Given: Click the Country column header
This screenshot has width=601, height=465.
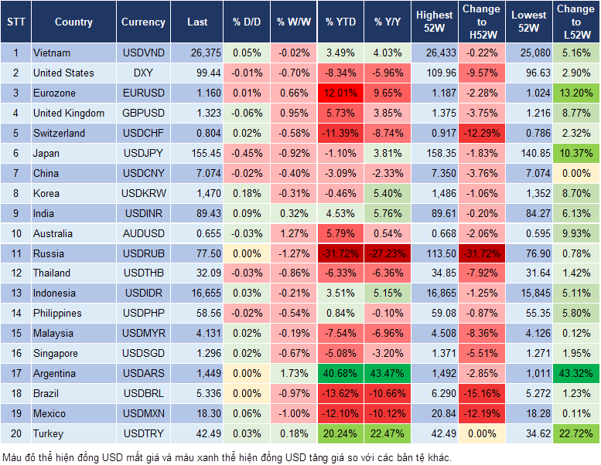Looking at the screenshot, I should [73, 22].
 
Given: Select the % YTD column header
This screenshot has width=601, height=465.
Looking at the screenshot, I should [341, 22].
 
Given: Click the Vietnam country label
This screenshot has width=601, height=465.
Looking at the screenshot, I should [53, 53].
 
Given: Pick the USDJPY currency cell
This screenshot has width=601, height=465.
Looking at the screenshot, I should [143, 153].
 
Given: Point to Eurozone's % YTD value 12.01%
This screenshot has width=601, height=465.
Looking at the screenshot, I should [341, 93].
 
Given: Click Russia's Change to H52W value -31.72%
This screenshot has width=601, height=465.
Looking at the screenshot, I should [480, 253].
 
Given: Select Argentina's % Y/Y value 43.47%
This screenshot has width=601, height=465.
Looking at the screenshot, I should [389, 373].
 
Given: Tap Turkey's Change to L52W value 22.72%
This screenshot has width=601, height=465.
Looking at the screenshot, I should [575, 433].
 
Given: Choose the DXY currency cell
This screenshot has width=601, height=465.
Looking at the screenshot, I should [143, 73].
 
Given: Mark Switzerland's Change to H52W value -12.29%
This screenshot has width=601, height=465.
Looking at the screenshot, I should [480, 133].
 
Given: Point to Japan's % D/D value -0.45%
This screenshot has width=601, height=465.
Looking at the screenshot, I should [246, 153].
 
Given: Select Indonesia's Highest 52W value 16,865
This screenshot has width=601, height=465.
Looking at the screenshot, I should [435, 294].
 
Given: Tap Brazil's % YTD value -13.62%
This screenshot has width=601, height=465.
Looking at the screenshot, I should [341, 393].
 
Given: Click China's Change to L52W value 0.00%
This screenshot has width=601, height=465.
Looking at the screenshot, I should [575, 173].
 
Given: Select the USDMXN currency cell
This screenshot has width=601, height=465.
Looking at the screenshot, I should [143, 413].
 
